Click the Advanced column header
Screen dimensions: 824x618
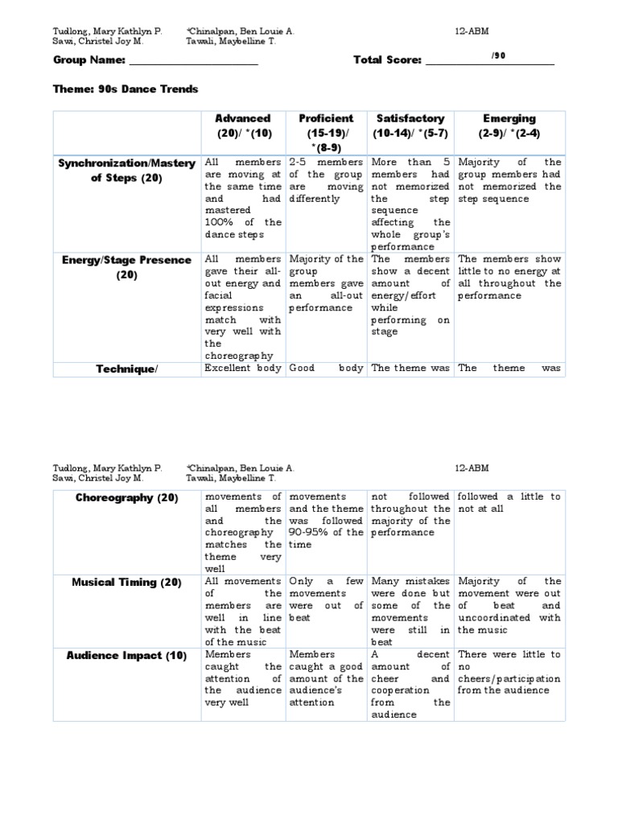tap(243, 126)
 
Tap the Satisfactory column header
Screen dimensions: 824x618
tap(410, 126)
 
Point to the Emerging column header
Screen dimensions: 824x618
tap(509, 126)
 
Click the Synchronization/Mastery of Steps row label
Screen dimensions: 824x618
tap(126, 171)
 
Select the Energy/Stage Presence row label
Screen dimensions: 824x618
tap(126, 267)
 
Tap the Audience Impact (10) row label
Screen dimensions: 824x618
tap(126, 655)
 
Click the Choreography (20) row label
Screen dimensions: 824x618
tap(126, 497)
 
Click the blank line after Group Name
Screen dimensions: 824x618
tap(193, 62)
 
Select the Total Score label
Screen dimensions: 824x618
tap(387, 60)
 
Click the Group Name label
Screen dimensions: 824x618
tap(89, 60)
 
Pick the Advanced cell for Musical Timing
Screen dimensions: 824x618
tap(242, 612)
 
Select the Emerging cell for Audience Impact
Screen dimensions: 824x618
tap(509, 672)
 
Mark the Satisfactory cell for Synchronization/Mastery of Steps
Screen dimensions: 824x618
tap(410, 204)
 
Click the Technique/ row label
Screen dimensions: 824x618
tap(126, 369)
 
